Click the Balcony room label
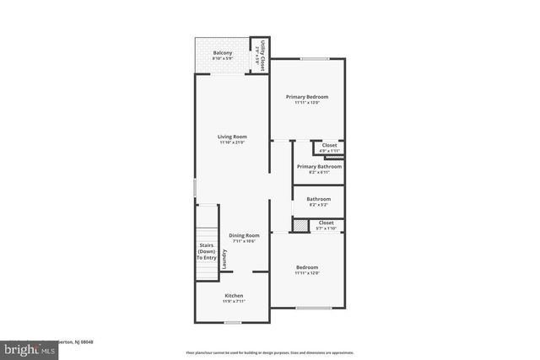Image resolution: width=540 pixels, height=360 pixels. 223,53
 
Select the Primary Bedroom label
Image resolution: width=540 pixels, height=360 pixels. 306,97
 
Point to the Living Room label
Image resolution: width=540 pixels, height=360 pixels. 233,137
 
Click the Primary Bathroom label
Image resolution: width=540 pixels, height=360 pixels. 319,167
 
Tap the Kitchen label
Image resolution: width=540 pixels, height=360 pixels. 234,295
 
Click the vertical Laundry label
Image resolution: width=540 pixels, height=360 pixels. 225,259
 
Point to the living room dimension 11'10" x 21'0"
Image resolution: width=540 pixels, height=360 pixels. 233,142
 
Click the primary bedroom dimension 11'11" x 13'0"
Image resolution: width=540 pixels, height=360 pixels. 306,103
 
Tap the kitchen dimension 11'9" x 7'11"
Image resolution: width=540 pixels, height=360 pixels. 234,301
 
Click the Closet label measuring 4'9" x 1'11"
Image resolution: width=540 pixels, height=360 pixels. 329,145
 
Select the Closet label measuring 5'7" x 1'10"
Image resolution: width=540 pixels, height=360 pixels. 326,223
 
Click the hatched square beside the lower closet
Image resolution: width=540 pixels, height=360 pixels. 300,224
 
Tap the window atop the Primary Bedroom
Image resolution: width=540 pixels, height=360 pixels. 316,58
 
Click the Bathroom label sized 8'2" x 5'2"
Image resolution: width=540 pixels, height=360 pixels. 318,199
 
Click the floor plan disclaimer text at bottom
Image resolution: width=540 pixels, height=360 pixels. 269,352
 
